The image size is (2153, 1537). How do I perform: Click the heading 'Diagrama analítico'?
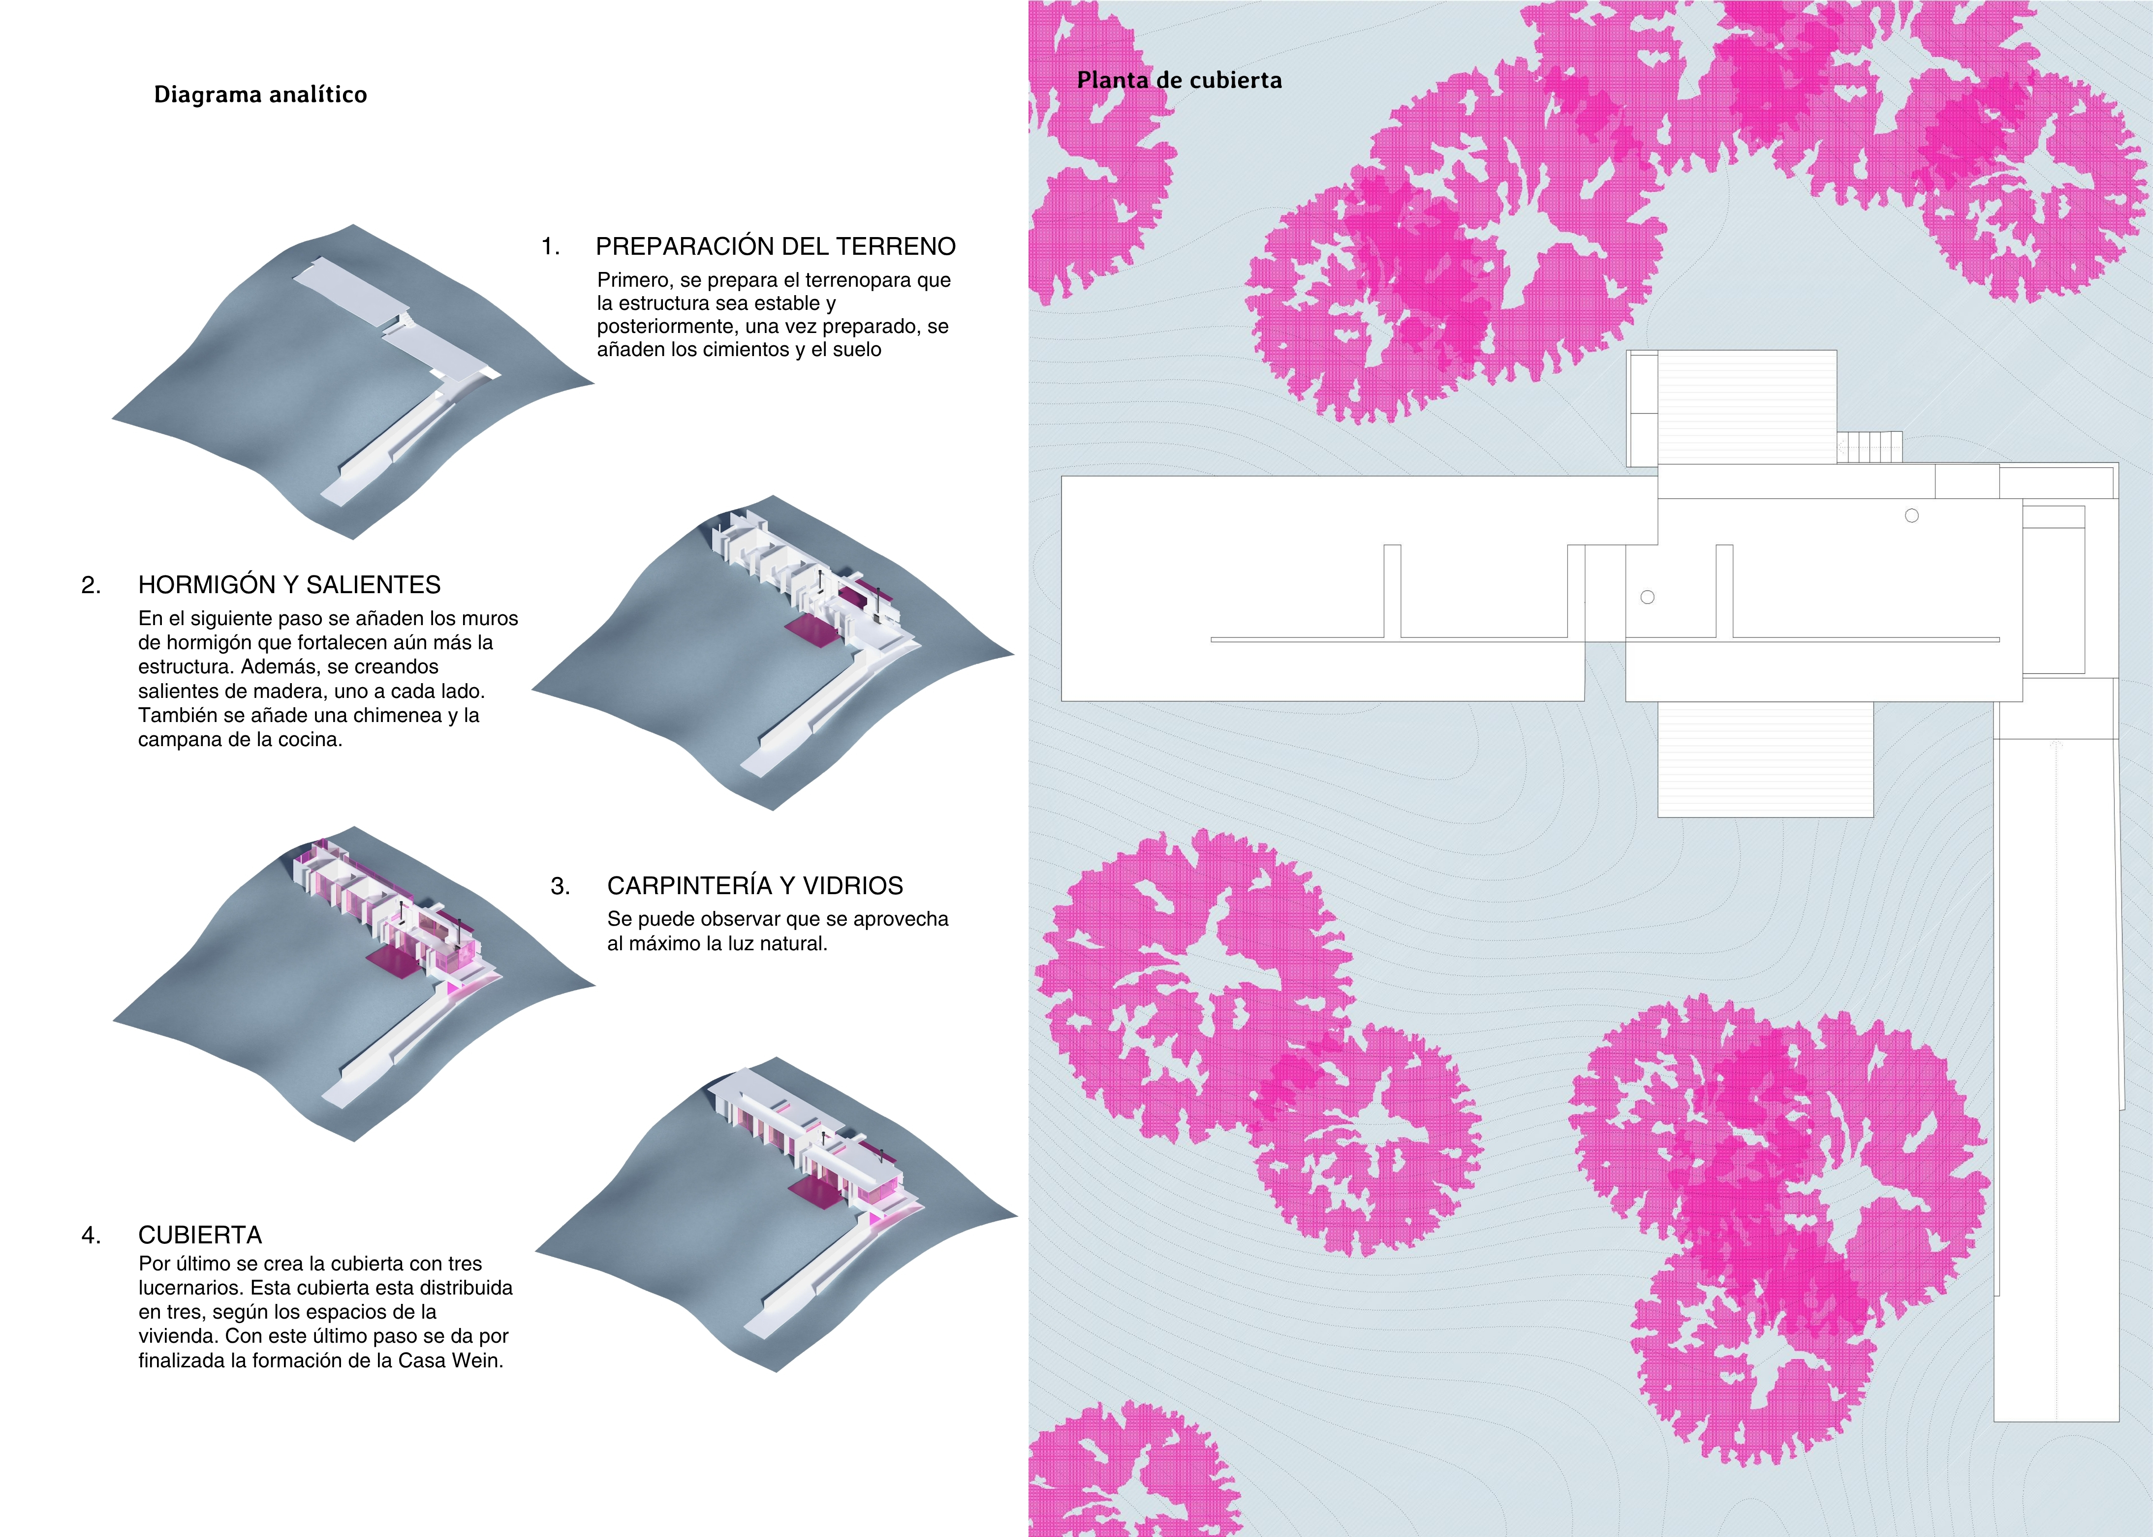coord(260,94)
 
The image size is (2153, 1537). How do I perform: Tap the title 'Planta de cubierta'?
coord(1180,81)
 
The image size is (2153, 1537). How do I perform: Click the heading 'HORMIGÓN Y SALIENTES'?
coord(290,585)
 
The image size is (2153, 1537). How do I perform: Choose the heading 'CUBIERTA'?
coord(200,1235)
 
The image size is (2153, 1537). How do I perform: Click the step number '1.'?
coord(550,247)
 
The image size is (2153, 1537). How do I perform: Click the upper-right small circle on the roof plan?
coord(1911,516)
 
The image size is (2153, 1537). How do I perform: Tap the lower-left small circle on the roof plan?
coord(1648,597)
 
